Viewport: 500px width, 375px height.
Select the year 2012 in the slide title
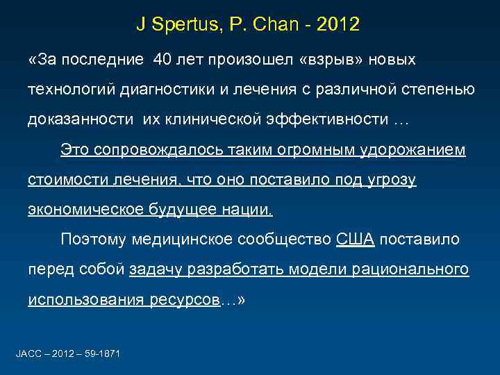(338, 25)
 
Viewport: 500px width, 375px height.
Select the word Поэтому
(91, 240)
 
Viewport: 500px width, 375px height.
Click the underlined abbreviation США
(355, 240)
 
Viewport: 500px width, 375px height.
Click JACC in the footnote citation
(27, 354)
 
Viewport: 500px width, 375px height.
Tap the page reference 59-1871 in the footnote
(100, 354)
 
